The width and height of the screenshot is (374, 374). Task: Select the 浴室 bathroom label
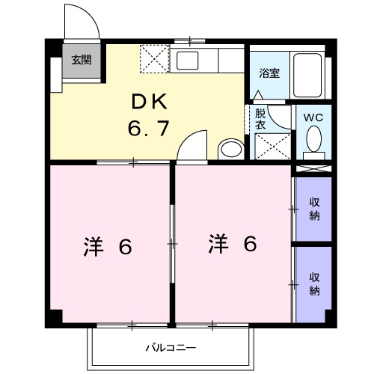coord(269,73)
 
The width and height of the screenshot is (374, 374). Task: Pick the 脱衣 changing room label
coord(260,120)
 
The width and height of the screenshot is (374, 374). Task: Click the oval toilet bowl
coord(313,139)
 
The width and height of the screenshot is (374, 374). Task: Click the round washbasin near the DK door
coord(230,149)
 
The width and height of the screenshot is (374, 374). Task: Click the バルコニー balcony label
coord(171,348)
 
